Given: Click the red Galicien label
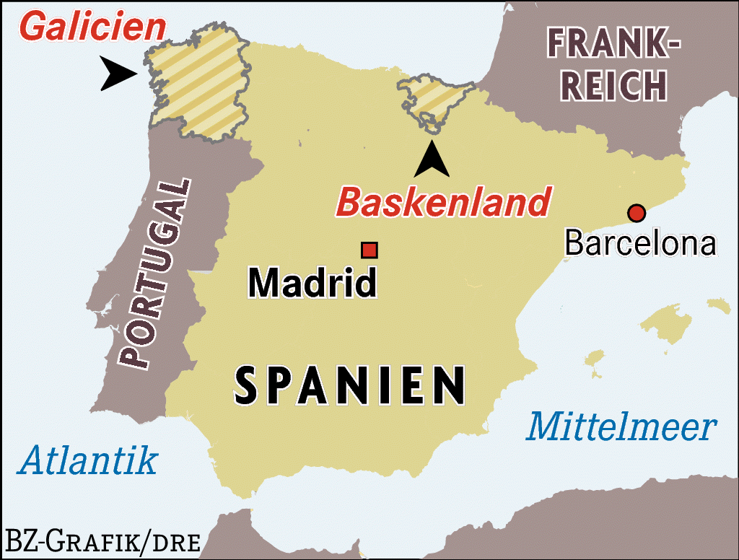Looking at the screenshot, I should coord(92,27).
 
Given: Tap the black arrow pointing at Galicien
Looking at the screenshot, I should coord(118,74).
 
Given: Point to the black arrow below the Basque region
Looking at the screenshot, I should coord(432,160).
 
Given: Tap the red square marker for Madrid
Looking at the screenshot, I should coord(369,250).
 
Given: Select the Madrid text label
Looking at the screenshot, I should coord(312,283).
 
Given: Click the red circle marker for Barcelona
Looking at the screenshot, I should coord(636,213).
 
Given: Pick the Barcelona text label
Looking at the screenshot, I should coord(640,243).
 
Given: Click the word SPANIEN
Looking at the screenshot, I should coord(350,385).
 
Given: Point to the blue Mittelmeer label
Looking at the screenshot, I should coord(621,427).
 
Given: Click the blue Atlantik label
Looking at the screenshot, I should coord(87,460).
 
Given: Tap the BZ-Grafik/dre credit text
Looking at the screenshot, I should coord(102,541).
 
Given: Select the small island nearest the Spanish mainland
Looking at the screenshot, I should coord(594,359).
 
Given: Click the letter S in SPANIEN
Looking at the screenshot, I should coord(246,385).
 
